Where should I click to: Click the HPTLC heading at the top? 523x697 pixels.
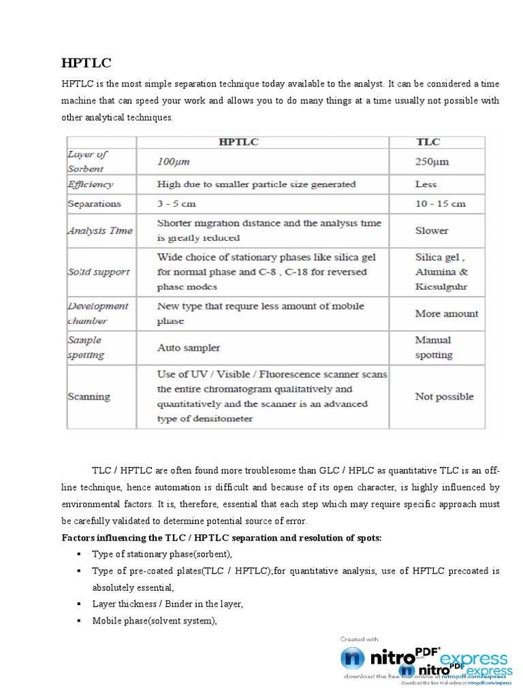[x=86, y=63]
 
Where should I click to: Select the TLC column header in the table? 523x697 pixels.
[x=428, y=142]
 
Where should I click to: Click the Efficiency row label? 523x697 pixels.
[x=90, y=184]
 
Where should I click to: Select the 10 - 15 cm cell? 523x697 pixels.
[x=440, y=204]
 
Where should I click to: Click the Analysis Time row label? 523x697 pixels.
[x=99, y=231]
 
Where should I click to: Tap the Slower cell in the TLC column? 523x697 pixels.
[x=432, y=231]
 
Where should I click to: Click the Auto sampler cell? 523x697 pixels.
[x=189, y=348]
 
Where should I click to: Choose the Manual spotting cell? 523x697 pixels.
[x=434, y=347]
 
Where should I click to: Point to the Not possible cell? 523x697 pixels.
[x=444, y=397]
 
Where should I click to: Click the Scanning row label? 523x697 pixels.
[x=89, y=397]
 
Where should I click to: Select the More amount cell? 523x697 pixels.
[x=446, y=314]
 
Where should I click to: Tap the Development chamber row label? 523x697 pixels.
[x=97, y=313]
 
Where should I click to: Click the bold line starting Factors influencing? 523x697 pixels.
[x=221, y=538]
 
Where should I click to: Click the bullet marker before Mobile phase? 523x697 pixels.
[x=80, y=620]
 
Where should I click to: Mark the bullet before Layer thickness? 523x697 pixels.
[x=80, y=604]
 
